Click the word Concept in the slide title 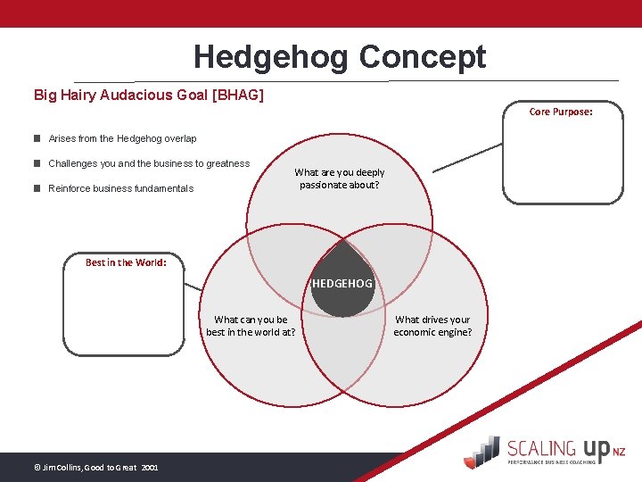[x=423, y=57]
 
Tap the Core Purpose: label [x=561, y=112]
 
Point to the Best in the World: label [x=126, y=262]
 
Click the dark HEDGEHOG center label [x=342, y=284]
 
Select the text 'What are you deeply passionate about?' [x=340, y=179]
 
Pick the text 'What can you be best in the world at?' [x=251, y=326]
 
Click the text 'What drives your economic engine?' [x=432, y=326]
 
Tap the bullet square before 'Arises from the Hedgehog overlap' [x=37, y=138]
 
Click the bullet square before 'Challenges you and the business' [x=37, y=163]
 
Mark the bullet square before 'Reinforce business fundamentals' [x=37, y=188]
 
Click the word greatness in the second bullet [x=227, y=163]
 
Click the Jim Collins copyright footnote [x=95, y=467]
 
